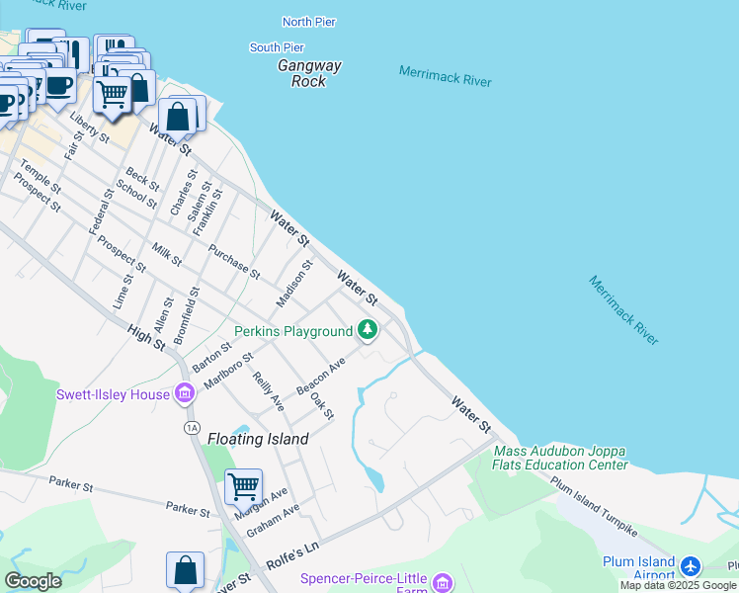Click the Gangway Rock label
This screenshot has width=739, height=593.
pos(309,73)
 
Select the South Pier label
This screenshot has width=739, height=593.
pos(277,47)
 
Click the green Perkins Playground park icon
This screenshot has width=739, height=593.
pos(368,330)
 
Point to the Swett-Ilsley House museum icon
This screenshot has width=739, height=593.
pos(184,394)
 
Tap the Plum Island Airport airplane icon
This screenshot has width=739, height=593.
pos(690,566)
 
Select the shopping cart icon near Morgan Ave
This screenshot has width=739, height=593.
pos(243,486)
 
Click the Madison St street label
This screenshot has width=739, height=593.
pos(294,283)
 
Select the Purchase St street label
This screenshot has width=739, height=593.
pos(234,260)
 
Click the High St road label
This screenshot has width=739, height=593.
pos(146,337)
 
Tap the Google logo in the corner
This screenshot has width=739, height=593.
pos(33,580)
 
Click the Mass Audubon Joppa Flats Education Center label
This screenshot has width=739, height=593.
pos(560,458)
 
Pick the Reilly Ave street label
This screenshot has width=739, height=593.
pos(269,391)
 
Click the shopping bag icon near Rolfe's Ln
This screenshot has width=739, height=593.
pos(185,570)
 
